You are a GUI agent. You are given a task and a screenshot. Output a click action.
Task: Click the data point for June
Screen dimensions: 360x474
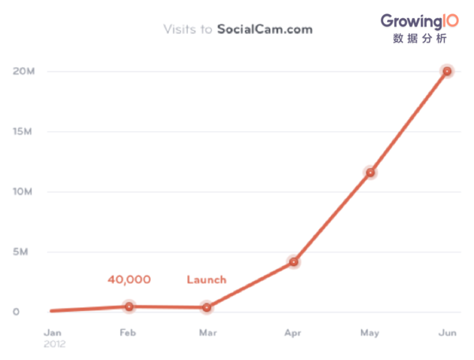[x=447, y=71]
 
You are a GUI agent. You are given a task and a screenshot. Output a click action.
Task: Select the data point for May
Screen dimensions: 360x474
[x=370, y=172]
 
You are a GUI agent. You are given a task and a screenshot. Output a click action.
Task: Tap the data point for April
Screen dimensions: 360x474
[x=294, y=261]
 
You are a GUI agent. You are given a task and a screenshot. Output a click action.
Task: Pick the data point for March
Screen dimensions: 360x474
[x=206, y=307]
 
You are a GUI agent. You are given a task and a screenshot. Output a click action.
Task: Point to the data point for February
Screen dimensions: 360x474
[x=130, y=306]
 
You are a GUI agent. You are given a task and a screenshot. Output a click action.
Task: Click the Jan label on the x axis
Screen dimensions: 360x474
[x=52, y=332]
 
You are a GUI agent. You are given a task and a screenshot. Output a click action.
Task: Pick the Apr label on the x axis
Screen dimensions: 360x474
[x=293, y=332]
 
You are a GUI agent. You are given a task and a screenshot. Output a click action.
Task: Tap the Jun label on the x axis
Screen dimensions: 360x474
[x=448, y=332]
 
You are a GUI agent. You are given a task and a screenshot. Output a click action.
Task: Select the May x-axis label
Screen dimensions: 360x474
[x=370, y=332]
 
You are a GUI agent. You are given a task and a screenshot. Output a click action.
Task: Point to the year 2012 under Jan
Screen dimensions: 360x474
[x=55, y=343]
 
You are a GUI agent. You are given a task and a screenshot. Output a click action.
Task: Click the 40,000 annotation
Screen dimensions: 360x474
[x=129, y=279]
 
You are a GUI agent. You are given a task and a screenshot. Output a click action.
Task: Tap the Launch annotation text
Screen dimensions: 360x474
[x=206, y=279]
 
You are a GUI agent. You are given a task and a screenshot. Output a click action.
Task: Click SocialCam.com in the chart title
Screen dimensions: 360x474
[x=265, y=30]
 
